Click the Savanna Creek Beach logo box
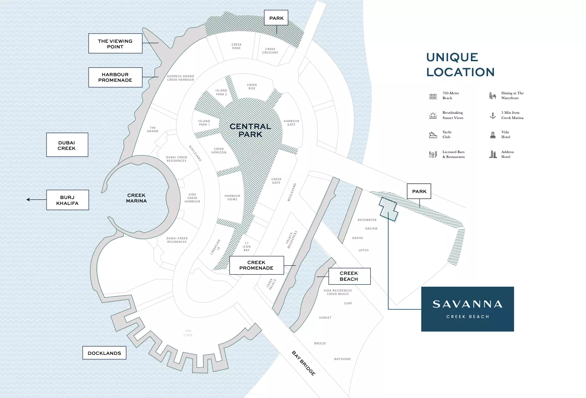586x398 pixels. [x=467, y=309]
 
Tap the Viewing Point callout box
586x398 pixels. [x=115, y=43]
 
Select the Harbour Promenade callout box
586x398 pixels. [x=115, y=77]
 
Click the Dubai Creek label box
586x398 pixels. [x=67, y=145]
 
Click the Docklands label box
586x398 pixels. [x=104, y=353]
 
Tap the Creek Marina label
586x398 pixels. [x=136, y=198]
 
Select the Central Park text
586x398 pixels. [x=250, y=130]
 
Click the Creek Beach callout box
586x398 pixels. [x=349, y=276]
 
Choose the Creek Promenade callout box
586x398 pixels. [x=256, y=265]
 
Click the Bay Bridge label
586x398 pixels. [x=303, y=363]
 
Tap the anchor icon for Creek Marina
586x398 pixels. [x=493, y=116]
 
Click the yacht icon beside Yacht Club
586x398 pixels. [x=433, y=135]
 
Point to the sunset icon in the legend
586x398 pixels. [x=433, y=116]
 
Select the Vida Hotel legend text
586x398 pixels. [x=506, y=135]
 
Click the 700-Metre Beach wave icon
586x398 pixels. [x=433, y=96]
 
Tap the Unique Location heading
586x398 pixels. [x=460, y=65]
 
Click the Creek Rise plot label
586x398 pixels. [x=252, y=87]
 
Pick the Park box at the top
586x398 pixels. [x=276, y=18]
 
